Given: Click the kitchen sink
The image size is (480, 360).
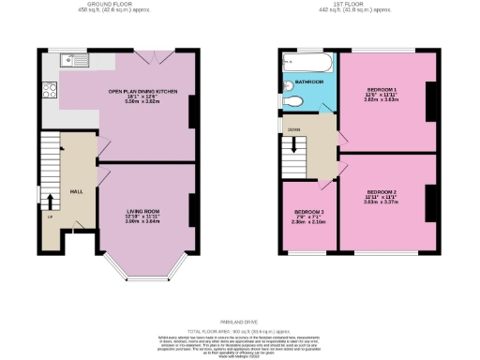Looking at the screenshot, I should (x=72, y=62).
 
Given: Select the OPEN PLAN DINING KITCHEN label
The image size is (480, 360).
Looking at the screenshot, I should (x=143, y=96).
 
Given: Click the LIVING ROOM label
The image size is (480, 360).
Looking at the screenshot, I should (x=143, y=215).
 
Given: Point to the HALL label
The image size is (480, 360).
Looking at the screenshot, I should (x=77, y=191).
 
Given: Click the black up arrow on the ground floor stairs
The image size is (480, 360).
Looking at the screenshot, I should (x=50, y=197).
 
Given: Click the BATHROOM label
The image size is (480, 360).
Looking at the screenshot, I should (x=310, y=82).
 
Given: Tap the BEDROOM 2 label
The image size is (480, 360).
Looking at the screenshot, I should (x=387, y=194).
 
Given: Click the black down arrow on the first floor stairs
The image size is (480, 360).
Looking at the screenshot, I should (x=301, y=147).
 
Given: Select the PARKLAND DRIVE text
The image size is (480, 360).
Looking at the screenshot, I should (x=241, y=322).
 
